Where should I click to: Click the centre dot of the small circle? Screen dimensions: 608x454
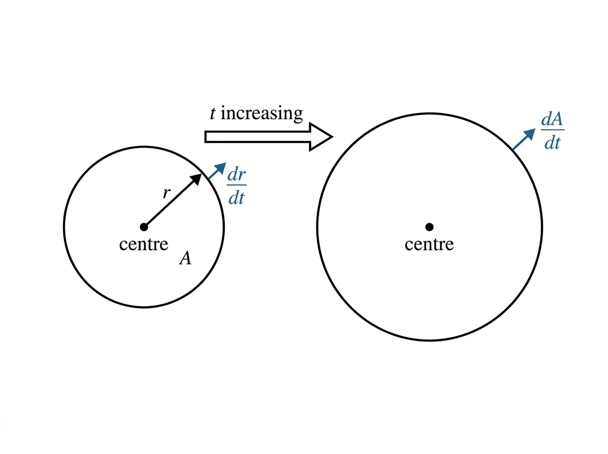click(x=144, y=227)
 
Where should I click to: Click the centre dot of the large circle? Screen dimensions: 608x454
click(x=429, y=227)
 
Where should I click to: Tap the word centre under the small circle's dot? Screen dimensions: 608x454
click(x=144, y=244)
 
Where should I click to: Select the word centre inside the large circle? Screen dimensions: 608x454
click(x=429, y=244)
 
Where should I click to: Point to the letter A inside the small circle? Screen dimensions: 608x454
click(x=185, y=258)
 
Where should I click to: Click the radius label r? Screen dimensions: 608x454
click(x=166, y=193)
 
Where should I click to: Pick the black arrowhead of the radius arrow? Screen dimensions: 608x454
click(x=196, y=179)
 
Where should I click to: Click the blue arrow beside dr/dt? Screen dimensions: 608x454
click(x=217, y=171)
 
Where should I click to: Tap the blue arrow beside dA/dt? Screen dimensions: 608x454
click(x=524, y=139)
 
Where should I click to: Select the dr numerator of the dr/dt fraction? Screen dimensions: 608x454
click(x=237, y=175)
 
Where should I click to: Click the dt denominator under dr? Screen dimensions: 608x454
click(x=236, y=198)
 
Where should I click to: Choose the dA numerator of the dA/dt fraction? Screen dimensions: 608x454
click(x=552, y=120)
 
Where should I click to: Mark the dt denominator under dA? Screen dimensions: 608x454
click(x=552, y=143)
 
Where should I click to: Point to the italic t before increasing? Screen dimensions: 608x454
click(x=212, y=113)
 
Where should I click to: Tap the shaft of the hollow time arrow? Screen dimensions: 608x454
click(x=257, y=137)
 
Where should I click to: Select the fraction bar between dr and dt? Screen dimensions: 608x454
click(x=237, y=185)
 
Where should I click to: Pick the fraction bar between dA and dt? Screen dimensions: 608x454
click(x=553, y=130)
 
